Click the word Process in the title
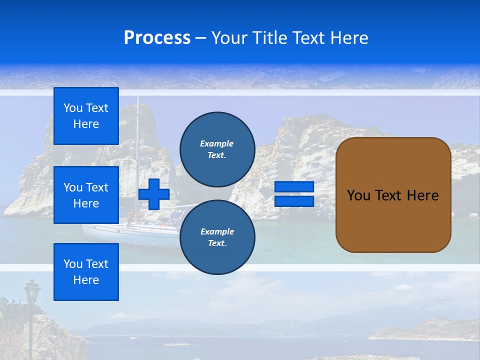[x=157, y=38]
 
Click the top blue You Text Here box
[x=86, y=116]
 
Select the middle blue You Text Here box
[x=86, y=195]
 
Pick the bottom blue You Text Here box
[x=86, y=271]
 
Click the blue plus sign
[x=154, y=194]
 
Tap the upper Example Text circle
[x=217, y=149]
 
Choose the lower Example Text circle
[x=217, y=237]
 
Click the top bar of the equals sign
[x=294, y=187]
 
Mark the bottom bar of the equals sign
[x=294, y=201]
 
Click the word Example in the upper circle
[x=217, y=143]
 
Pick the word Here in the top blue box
[x=86, y=124]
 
